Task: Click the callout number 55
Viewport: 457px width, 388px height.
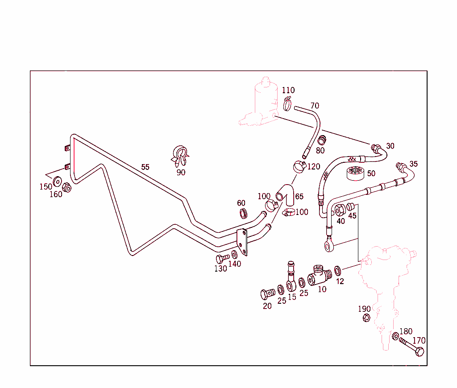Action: click(145, 167)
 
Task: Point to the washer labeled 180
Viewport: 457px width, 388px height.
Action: click(396, 336)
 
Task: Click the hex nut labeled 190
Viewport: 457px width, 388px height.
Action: click(365, 318)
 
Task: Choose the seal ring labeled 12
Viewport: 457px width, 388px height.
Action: click(338, 270)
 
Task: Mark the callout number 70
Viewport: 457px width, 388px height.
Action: click(315, 106)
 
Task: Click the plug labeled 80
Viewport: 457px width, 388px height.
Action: click(320, 139)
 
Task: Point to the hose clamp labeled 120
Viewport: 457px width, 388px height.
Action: click(299, 167)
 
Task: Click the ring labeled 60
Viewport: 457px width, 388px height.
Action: click(243, 213)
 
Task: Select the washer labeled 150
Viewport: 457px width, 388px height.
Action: click(57, 182)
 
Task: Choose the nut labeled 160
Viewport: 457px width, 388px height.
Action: click(66, 187)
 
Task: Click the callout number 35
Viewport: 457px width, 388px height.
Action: click(414, 164)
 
